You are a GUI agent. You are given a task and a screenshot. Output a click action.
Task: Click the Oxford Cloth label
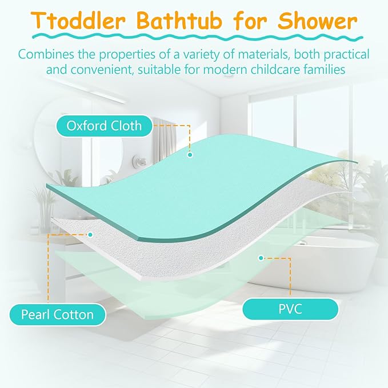104,125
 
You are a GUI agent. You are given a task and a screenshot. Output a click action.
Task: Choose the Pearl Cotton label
57,314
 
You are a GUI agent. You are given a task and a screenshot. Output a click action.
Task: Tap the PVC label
290,310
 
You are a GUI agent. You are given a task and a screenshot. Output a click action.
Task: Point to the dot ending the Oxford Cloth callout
190,154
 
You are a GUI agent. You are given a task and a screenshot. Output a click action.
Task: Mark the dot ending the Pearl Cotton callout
90,234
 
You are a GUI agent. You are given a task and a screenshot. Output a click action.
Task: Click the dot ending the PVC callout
261,258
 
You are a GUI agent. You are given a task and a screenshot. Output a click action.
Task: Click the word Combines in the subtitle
47,55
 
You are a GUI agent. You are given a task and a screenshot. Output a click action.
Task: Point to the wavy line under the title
194,38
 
